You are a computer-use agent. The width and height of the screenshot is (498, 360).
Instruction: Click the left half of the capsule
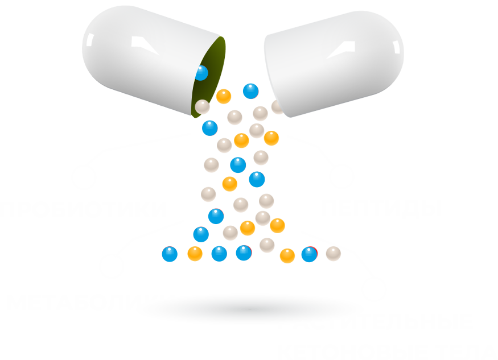click(142, 57)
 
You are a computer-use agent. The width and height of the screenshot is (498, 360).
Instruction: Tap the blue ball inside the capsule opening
click(201, 73)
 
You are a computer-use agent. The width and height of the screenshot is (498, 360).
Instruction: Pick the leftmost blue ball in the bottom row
click(170, 254)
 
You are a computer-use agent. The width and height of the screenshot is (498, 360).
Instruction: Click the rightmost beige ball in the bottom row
click(333, 253)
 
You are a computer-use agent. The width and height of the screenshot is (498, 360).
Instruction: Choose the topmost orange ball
click(224, 96)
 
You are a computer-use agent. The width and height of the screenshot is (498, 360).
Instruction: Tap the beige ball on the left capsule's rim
click(203, 106)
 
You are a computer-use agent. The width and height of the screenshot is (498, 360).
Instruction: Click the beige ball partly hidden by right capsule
click(277, 106)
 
